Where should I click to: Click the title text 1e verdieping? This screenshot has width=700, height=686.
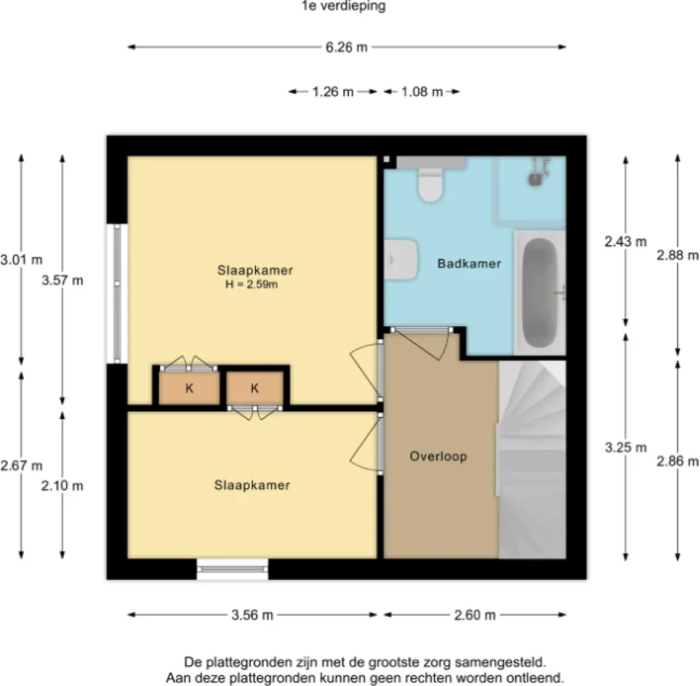(x=343, y=7)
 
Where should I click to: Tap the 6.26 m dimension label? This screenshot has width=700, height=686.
(x=347, y=48)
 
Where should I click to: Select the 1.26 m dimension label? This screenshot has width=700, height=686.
(x=333, y=92)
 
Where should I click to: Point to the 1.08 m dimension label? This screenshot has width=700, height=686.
(x=422, y=92)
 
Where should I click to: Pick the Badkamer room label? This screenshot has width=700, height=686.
(x=469, y=264)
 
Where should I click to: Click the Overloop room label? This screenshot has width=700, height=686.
(x=438, y=456)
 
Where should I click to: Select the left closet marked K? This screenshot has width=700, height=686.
(x=189, y=388)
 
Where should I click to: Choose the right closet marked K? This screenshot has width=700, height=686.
(x=255, y=388)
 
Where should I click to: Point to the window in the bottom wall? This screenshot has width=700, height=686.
(x=233, y=569)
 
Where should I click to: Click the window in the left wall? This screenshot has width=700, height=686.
(x=118, y=293)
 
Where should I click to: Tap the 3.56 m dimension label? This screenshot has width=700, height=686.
(x=252, y=615)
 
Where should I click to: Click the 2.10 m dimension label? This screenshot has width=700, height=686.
(x=63, y=485)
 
